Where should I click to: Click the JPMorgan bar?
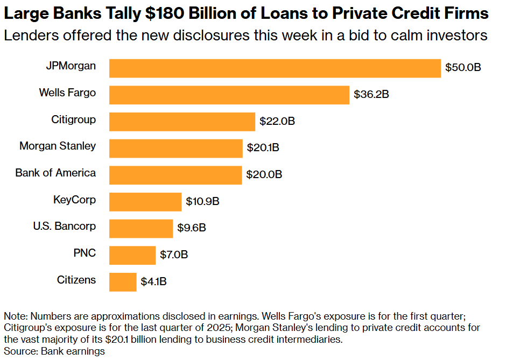click(x=275, y=68)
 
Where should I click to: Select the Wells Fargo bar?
click(x=229, y=95)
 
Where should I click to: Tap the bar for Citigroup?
click(x=182, y=122)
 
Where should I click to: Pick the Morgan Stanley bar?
click(x=176, y=148)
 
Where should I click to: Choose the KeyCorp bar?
click(x=145, y=202)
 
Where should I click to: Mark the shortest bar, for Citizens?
click(x=123, y=282)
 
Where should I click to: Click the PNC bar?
click(x=132, y=255)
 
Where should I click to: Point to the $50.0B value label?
click(x=463, y=68)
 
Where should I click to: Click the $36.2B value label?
click(x=371, y=95)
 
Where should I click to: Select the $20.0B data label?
click(x=264, y=175)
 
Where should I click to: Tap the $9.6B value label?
click(x=192, y=228)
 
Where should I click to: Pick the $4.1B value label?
click(x=153, y=282)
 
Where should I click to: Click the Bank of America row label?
click(x=55, y=173)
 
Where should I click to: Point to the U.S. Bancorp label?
click(x=65, y=226)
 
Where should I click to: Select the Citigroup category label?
click(x=74, y=119)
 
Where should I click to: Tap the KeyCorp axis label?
click(x=74, y=200)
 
